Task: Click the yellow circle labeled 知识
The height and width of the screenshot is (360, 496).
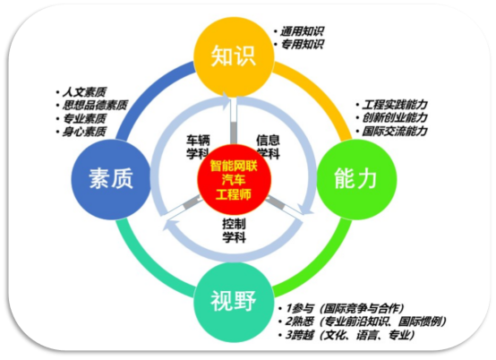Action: click(x=234, y=57)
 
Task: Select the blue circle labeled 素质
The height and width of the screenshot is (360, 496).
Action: click(x=111, y=179)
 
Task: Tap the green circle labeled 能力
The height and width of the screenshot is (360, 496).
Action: click(x=356, y=179)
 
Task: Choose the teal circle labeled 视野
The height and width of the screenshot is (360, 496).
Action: click(x=234, y=302)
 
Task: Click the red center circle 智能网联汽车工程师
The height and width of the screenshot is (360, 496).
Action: click(x=234, y=180)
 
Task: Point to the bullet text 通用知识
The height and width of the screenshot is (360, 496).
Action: click(x=303, y=31)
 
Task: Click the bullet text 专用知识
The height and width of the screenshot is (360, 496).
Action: click(x=303, y=44)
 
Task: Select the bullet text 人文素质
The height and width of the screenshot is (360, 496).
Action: click(x=84, y=92)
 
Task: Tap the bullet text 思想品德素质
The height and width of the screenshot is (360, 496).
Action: click(x=95, y=105)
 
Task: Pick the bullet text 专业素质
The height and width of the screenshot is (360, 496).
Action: click(x=84, y=118)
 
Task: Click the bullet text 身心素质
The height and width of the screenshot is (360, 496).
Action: click(x=84, y=132)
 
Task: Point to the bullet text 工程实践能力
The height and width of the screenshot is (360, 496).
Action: click(x=395, y=105)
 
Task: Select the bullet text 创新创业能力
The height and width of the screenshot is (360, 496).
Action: click(x=395, y=117)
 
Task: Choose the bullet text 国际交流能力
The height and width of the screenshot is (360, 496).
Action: click(x=395, y=131)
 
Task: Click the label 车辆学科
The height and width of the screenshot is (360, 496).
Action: click(x=198, y=147)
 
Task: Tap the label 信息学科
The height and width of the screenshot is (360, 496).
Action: click(x=269, y=147)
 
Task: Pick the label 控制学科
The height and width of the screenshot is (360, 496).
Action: click(x=234, y=231)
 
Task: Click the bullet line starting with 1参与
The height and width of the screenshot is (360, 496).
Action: click(x=345, y=308)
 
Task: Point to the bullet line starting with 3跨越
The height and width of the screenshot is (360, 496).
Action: click(x=350, y=335)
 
